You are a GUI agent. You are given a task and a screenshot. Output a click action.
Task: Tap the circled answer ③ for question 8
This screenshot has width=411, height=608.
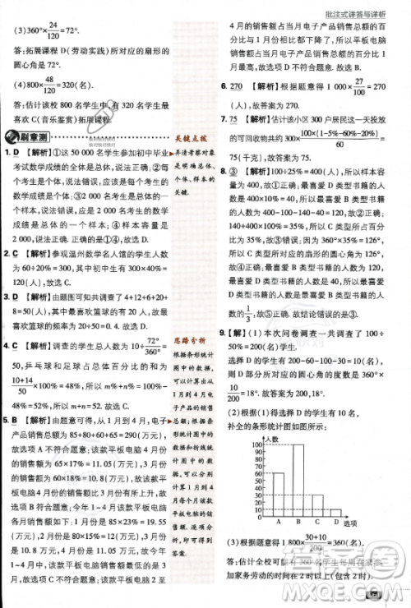(x=233, y=150)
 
